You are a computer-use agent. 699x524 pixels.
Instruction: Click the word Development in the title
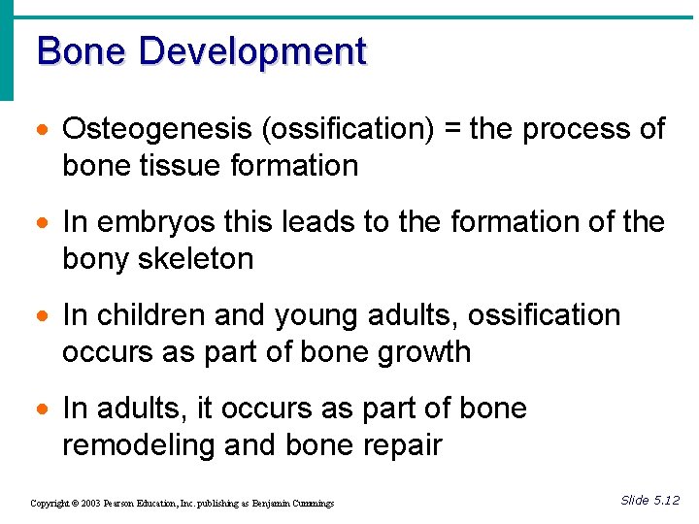click(x=252, y=50)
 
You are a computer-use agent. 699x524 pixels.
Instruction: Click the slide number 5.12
click(x=666, y=500)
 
